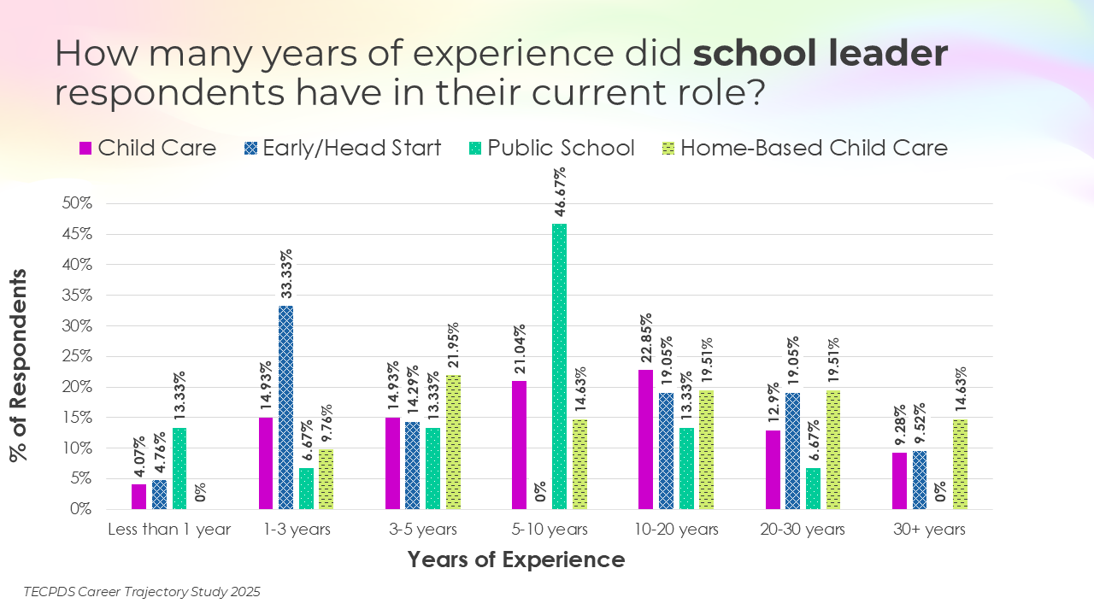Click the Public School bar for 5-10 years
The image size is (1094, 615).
(560, 366)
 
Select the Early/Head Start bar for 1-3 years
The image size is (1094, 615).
(285, 407)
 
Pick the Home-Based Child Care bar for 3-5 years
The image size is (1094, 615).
(453, 442)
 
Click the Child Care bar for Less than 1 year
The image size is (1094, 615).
(138, 496)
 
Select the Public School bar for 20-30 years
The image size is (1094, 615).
(814, 489)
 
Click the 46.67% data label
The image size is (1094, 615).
(561, 194)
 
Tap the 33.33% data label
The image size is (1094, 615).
(286, 275)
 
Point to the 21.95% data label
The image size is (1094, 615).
(454, 347)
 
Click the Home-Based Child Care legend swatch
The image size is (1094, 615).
(670, 148)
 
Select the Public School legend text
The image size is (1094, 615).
(562, 148)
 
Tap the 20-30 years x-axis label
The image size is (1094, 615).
(802, 530)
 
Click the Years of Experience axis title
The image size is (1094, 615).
(516, 560)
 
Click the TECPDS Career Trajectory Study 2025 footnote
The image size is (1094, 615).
(142, 591)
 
